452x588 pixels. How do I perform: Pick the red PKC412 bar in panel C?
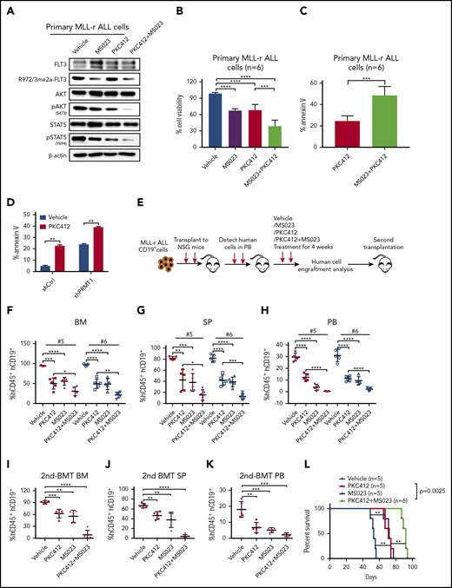362,135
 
